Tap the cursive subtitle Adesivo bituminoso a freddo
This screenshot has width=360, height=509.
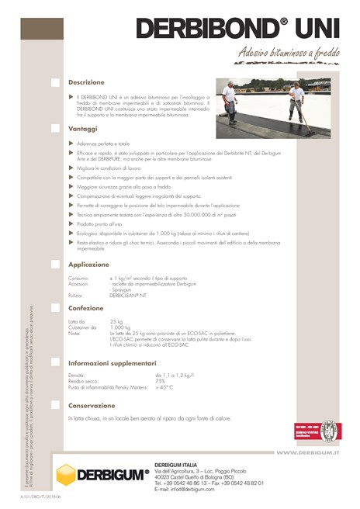pos(287,54)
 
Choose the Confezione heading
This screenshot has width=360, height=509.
pos(86,308)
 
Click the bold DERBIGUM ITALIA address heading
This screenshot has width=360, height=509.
pos(180,464)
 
